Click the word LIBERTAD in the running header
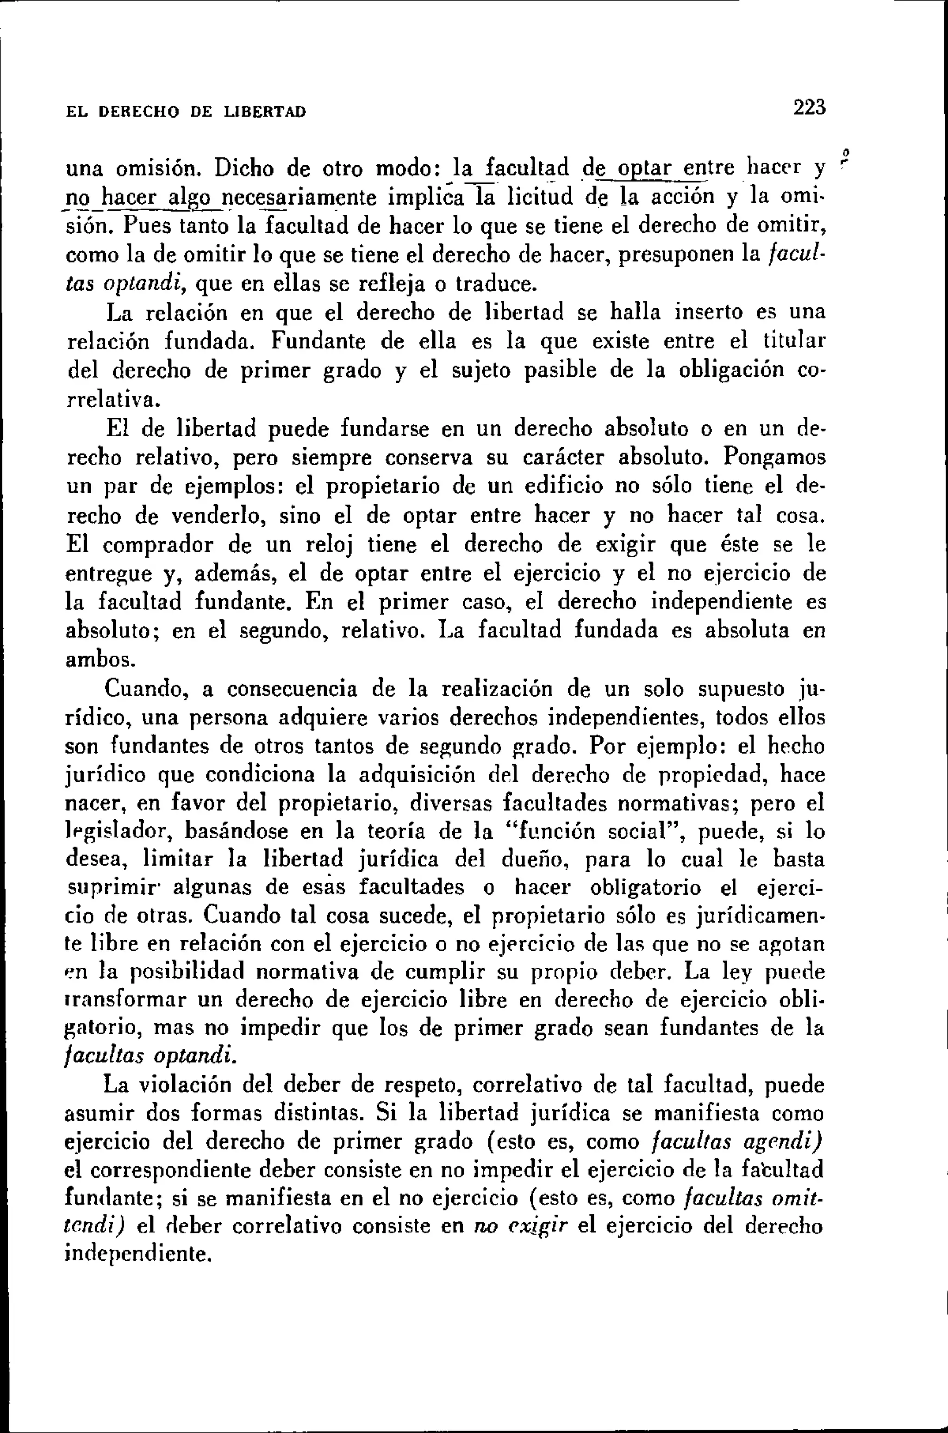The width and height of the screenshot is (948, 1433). tap(265, 112)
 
